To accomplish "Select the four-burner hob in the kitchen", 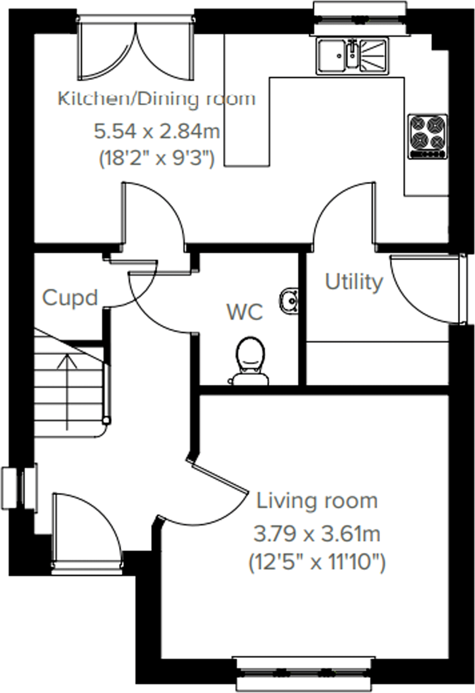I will click(x=428, y=136).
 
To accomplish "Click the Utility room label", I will click(x=354, y=282).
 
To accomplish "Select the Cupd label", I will click(x=70, y=298).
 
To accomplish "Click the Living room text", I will click(x=316, y=501).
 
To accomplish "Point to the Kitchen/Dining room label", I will click(x=156, y=98).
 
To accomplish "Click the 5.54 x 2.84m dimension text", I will click(x=156, y=131).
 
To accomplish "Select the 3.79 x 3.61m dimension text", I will click(x=316, y=534).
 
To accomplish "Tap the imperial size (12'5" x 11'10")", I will click(x=316, y=562).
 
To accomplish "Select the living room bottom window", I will click(x=304, y=673).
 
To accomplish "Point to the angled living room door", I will click(x=220, y=480).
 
